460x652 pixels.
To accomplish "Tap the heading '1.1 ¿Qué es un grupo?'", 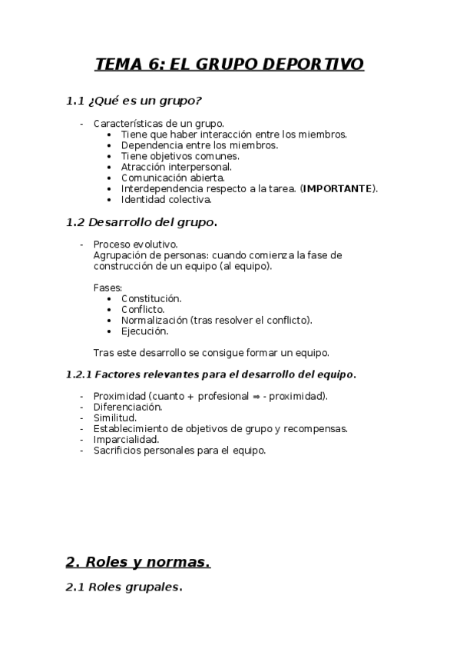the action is coord(134,101).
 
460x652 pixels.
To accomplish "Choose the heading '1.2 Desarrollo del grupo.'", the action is coord(142,223).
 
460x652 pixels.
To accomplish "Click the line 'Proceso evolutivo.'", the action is coord(135,244).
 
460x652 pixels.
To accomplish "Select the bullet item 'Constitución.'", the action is coord(151,298).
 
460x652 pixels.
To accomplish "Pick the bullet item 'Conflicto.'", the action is coord(142,309).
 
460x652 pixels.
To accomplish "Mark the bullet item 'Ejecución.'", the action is coord(144,331).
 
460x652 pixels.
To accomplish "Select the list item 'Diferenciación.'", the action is coord(127,407).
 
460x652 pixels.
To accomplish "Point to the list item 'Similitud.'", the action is coord(115,417).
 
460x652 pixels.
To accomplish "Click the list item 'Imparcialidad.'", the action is coord(126,440).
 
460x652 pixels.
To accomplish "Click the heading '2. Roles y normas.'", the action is coord(138,562).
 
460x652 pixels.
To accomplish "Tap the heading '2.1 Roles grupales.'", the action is coord(124,588).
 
